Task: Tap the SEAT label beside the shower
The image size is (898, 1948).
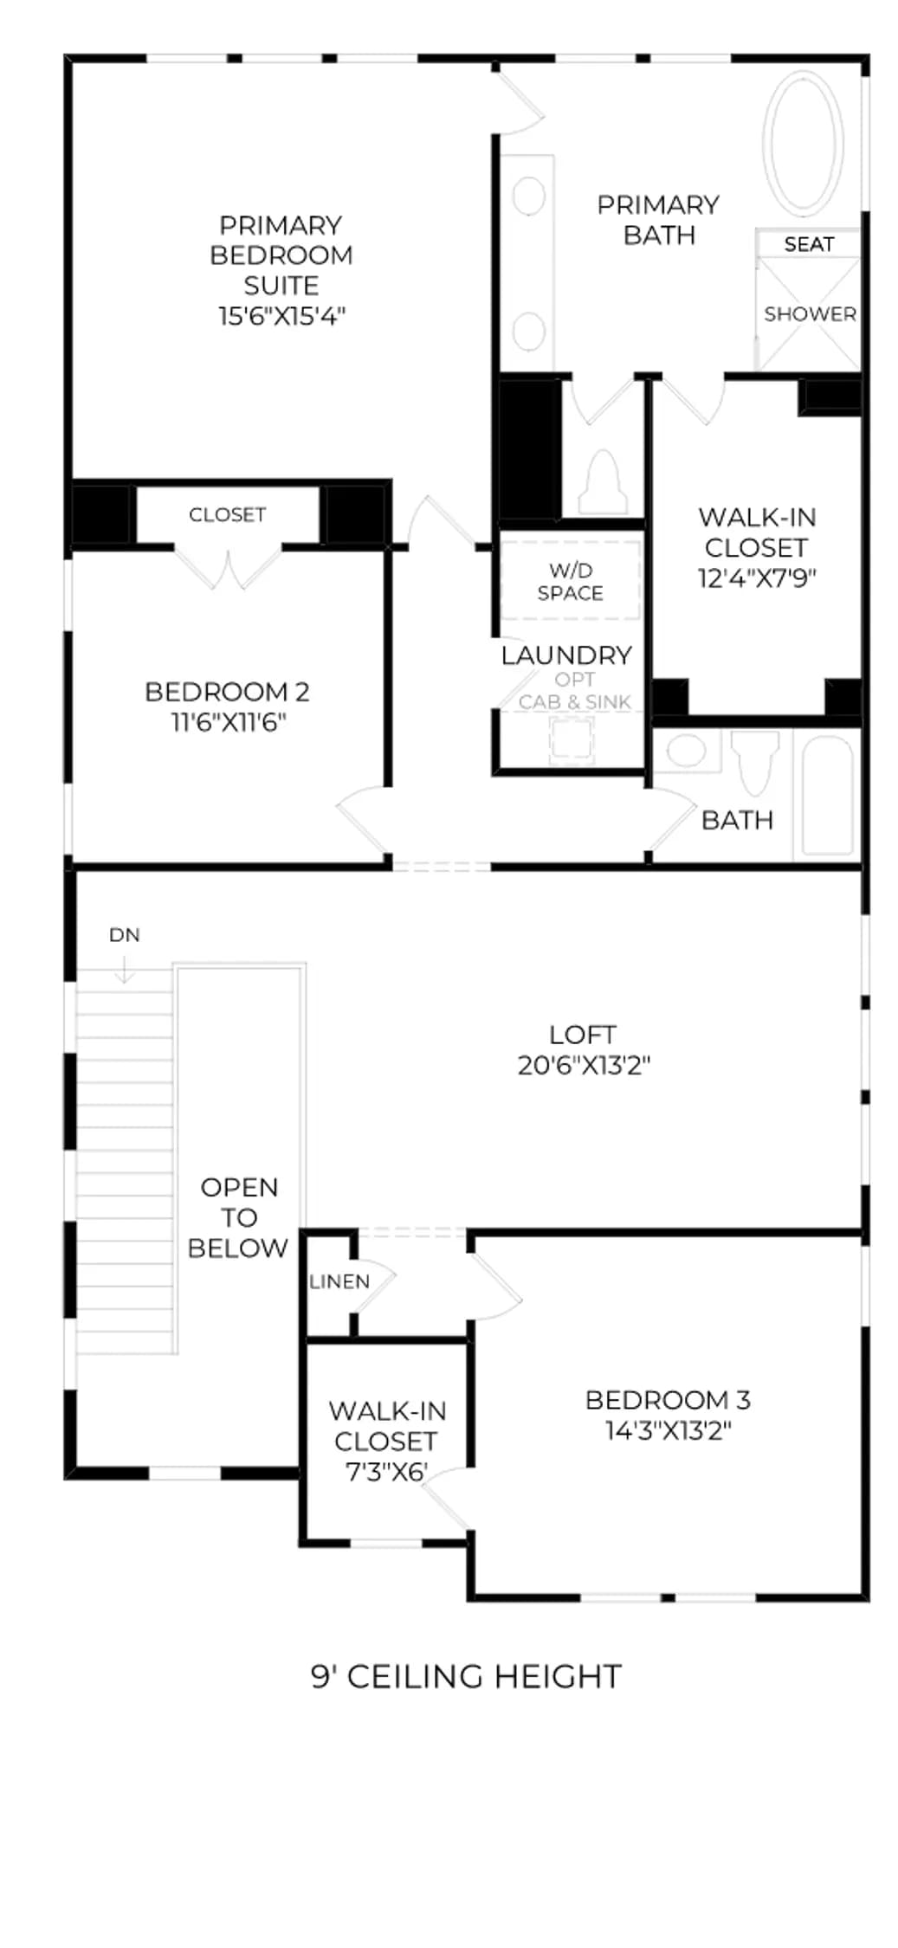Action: tap(809, 244)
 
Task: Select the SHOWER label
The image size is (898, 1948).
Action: tap(810, 313)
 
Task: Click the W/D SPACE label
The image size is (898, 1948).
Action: tap(570, 582)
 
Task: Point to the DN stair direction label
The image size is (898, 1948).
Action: tap(125, 935)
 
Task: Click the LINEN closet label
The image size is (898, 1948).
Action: tap(339, 1281)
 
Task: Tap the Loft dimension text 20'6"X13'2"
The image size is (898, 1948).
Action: tap(584, 1065)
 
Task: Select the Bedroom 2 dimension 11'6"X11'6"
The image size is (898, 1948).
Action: tap(229, 722)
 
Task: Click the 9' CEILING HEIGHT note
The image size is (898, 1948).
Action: tap(466, 1677)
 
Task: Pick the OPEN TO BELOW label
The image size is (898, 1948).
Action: tap(239, 1217)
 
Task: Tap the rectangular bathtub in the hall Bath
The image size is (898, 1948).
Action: tap(827, 796)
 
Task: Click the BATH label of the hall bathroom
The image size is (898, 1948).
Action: tap(737, 820)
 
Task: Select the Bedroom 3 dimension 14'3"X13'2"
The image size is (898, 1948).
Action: tap(668, 1430)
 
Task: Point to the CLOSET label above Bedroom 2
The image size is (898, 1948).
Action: tap(227, 514)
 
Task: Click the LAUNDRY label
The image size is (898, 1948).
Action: tap(566, 655)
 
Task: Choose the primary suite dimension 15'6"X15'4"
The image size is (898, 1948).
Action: tap(281, 315)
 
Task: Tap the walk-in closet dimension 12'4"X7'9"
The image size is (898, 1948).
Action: tap(757, 577)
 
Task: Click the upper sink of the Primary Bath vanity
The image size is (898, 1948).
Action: tap(528, 196)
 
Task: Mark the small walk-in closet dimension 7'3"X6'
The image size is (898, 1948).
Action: tap(386, 1472)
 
